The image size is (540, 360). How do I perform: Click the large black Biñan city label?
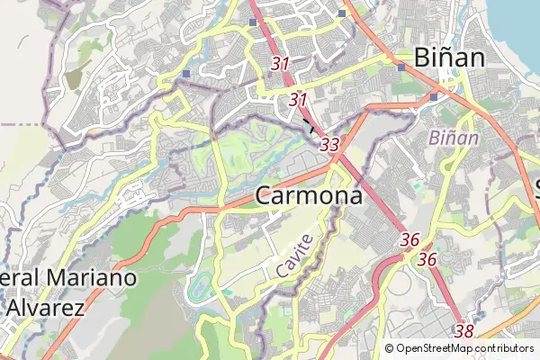(450, 58)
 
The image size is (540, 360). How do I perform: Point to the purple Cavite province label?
(295, 255)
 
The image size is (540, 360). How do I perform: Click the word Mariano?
(89, 278)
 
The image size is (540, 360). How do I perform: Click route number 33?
(329, 144)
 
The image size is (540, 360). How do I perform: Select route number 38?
(464, 331)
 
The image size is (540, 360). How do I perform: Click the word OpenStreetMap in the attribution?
(435, 348)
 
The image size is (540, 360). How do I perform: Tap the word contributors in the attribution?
(505, 348)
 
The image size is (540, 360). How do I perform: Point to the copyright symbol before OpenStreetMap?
(390, 348)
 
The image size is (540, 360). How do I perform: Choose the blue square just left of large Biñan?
(400, 66)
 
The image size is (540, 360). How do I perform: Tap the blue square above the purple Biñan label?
(433, 96)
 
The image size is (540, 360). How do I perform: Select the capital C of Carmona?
(265, 195)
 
